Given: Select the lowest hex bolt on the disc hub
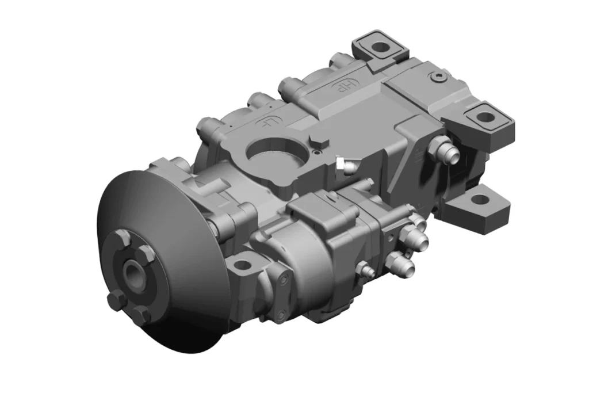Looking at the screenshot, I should coord(141,314).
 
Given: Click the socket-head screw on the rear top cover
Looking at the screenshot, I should coord(441,76).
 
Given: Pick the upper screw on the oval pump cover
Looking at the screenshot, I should coord(282,280).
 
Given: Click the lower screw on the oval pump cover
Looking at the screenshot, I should coord(280,314).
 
